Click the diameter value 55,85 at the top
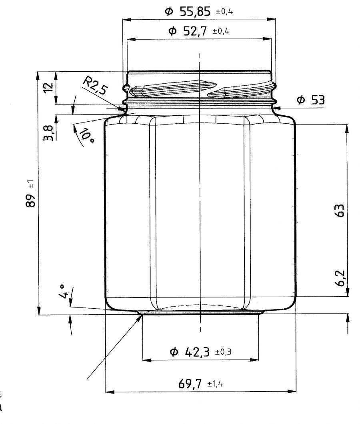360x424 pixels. click(196, 12)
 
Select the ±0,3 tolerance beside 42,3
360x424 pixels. click(224, 352)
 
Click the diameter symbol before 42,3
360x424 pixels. click(174, 352)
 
